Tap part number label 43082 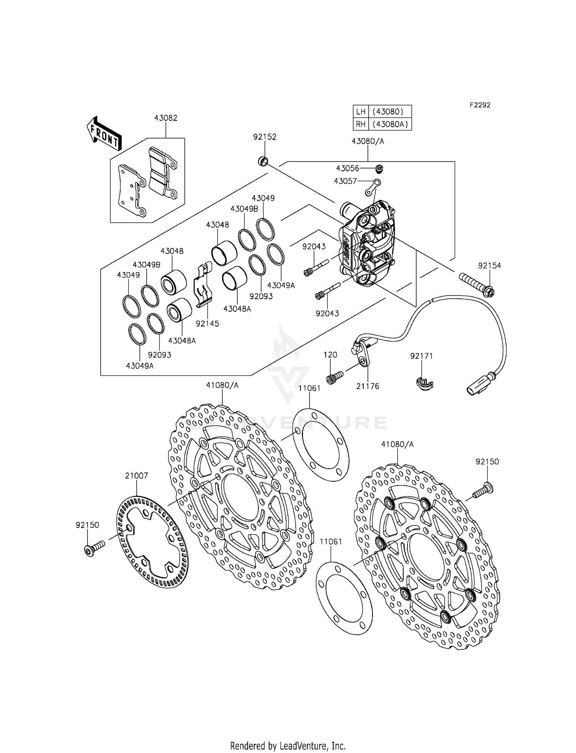(x=166, y=118)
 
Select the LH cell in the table (x=361, y=112)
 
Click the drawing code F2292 (x=480, y=105)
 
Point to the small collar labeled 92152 (x=263, y=161)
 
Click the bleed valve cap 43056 (x=379, y=168)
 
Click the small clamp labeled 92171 (x=424, y=383)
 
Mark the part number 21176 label (x=367, y=386)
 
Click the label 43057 (x=345, y=181)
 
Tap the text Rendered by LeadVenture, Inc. (x=288, y=746)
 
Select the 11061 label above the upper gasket (x=309, y=388)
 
